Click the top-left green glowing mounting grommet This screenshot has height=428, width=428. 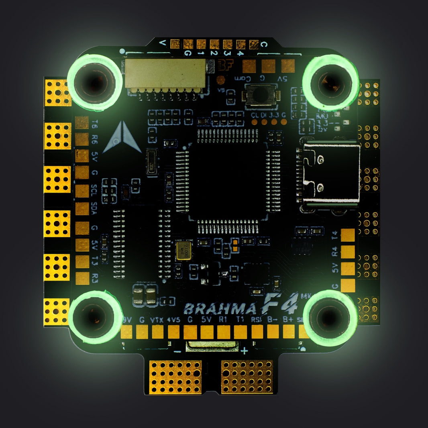tap(95, 82)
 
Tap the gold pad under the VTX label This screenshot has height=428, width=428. tap(158, 332)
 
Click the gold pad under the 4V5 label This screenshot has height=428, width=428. tap(174, 332)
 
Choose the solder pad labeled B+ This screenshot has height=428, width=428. tap(289, 332)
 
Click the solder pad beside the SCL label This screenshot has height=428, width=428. tap(82, 191)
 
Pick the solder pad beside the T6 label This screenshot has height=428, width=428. tap(82, 122)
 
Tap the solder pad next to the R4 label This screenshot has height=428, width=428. tap(348, 252)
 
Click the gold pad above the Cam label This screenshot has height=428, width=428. tap(249, 66)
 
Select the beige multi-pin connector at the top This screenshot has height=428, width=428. tap(165, 75)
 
